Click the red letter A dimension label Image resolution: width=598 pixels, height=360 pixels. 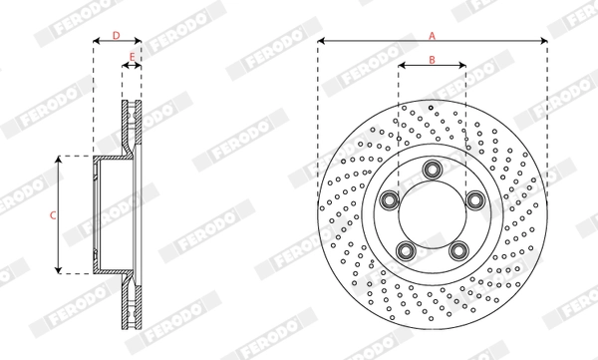tap(432, 34)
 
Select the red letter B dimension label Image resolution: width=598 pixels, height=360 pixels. tap(432, 59)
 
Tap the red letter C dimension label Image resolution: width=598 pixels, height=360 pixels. tap(52, 214)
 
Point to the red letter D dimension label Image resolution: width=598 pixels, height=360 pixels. tap(116, 34)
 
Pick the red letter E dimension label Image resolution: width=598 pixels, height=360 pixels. tap(132, 57)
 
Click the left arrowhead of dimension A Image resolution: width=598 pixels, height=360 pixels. tap(321, 42)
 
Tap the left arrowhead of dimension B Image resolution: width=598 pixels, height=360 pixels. tap(401, 68)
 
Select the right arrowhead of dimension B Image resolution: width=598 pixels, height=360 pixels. tap(462, 68)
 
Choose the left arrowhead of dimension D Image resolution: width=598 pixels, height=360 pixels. tap(97, 42)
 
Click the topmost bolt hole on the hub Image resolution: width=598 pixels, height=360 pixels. tap(432, 169)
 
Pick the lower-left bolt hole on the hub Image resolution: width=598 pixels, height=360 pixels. tap(405, 249)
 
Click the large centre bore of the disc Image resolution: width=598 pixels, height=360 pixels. tap(432, 214)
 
